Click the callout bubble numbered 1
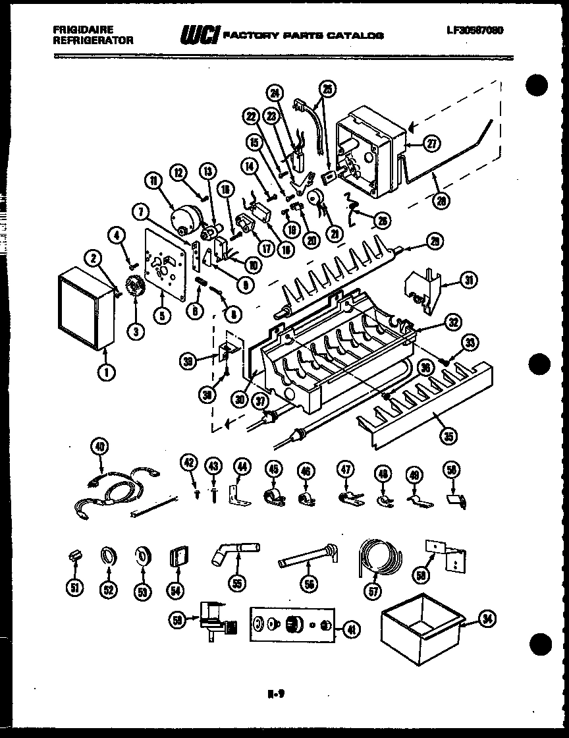pos(105,372)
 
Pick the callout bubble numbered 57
pos(374,591)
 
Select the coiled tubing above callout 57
pos(378,555)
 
